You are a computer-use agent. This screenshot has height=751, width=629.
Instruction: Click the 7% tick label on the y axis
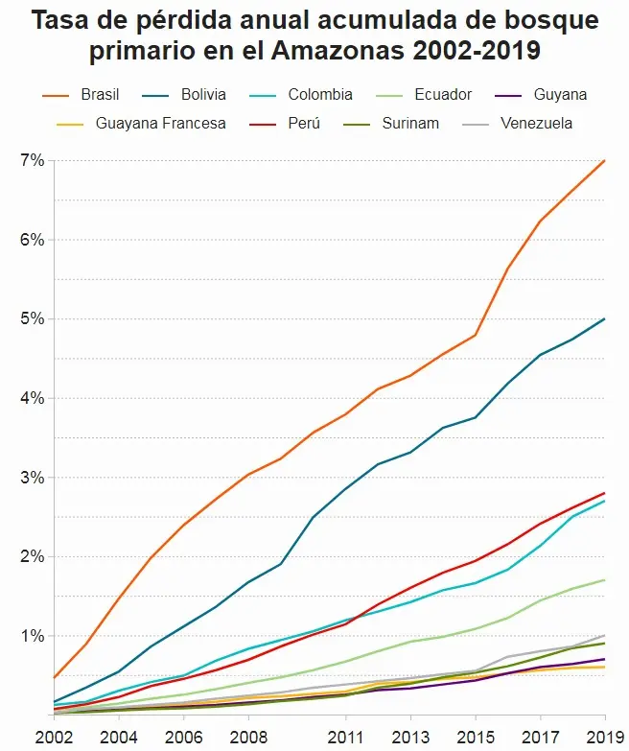click(32, 160)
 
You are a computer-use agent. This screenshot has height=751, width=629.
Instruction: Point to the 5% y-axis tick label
click(32, 318)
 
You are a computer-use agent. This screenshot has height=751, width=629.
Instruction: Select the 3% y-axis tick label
click(32, 478)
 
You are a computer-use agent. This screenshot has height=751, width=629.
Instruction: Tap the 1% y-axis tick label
click(32, 636)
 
